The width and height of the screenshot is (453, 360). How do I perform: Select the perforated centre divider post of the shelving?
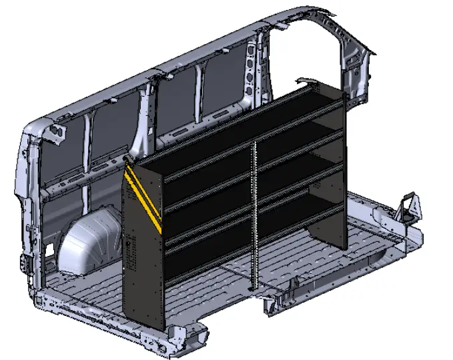(x=254, y=213)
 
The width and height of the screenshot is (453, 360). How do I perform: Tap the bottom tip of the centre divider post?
(x=252, y=288)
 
